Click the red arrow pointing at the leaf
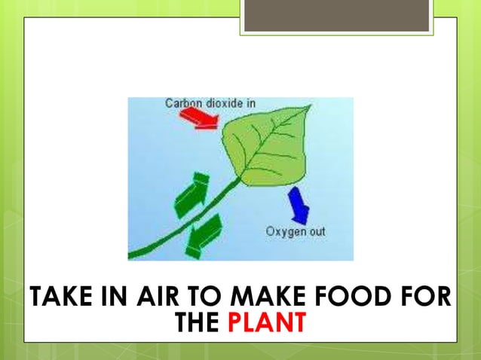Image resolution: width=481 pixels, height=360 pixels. click(200, 117)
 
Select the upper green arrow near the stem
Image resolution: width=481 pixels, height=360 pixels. click(191, 194)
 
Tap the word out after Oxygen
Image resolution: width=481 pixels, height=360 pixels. click(317, 232)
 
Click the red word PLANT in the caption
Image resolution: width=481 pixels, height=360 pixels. click(266, 323)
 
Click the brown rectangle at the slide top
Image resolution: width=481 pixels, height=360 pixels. click(336, 15)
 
